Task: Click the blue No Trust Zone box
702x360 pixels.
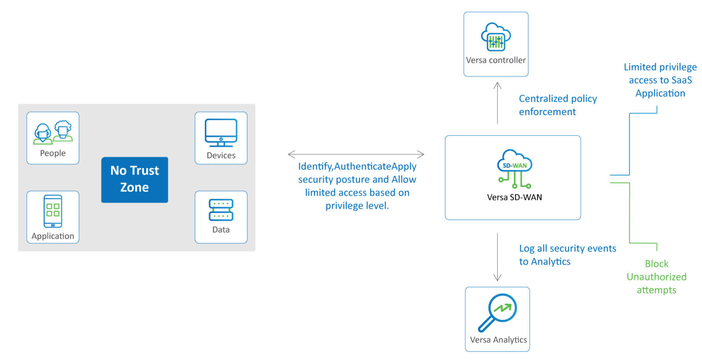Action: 134,180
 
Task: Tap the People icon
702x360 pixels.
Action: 53,132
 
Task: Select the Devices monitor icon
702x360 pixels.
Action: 221,132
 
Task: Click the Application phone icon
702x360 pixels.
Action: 53,211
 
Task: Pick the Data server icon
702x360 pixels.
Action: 221,210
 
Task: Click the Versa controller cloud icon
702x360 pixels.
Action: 496,37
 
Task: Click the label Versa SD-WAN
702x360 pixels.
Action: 514,197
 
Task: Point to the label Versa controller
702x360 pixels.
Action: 496,60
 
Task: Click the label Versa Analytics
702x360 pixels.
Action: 498,340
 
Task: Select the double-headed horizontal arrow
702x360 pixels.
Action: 356,154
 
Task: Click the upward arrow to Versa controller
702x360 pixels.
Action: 498,103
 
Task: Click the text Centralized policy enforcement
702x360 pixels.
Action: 558,105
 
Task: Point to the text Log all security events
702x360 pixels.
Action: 567,249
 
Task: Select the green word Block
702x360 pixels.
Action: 656,264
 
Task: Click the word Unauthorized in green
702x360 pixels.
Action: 656,277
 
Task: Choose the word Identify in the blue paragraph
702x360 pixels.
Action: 314,166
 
